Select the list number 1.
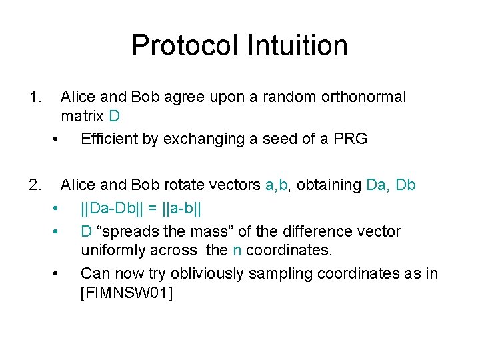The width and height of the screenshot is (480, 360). pos(36,97)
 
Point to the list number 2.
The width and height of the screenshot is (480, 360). pos(36,185)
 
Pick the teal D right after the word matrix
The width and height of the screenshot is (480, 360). pos(114,117)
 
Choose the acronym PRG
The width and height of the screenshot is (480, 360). pos(351,139)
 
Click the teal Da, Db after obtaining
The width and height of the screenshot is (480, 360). pos(391,185)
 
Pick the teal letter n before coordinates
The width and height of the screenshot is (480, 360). pos(237,251)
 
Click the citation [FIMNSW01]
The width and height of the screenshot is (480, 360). pos(126,293)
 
